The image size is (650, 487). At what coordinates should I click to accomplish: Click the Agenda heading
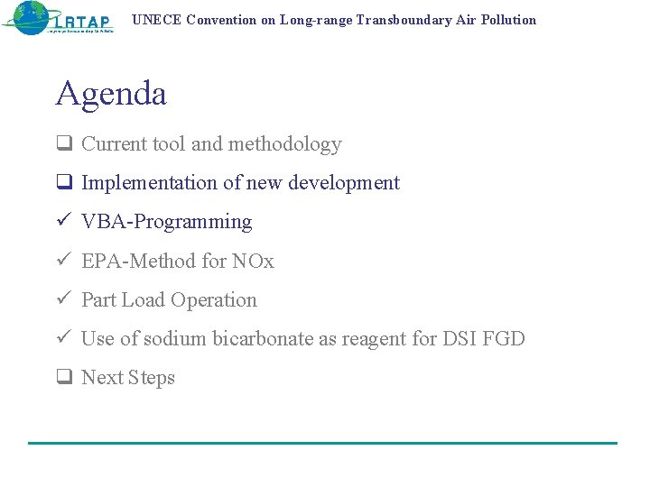111,94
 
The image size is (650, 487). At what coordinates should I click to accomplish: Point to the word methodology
285,144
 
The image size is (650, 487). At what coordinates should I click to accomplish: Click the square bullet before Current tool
63,144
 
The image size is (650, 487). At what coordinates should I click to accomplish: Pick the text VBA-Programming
167,222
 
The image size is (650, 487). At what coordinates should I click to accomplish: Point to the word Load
143,300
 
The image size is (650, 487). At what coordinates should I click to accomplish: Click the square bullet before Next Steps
63,378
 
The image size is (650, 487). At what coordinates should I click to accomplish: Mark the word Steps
151,379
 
